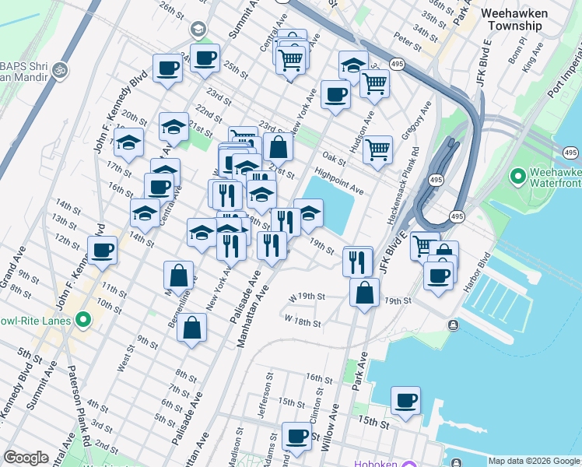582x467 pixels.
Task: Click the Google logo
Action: point(26,458)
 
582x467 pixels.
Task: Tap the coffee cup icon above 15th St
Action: point(405,401)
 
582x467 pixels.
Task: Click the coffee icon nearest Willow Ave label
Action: point(296,437)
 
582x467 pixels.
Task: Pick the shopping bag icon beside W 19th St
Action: point(364,293)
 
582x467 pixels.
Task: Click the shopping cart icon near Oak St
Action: point(378,149)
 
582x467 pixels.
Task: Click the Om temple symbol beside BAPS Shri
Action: point(59,71)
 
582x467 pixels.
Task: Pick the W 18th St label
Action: point(303,320)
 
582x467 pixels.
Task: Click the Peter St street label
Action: point(407,40)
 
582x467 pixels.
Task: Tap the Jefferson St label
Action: point(268,396)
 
